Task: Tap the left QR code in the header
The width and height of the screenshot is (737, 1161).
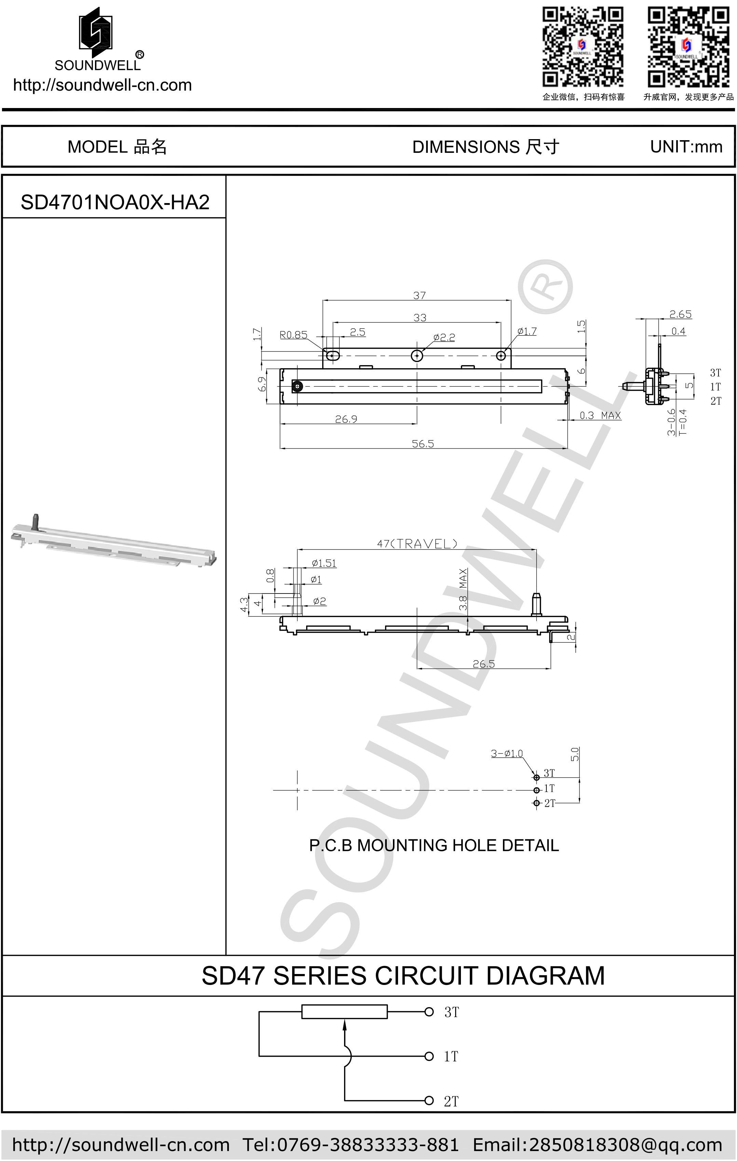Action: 583,47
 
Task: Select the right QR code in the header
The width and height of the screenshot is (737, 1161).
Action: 688,47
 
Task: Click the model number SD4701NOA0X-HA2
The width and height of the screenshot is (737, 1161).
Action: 115,202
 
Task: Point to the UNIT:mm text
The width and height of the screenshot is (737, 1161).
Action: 685,147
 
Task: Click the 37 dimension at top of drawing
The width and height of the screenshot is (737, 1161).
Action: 419,295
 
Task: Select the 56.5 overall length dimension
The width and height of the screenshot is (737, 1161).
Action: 423,443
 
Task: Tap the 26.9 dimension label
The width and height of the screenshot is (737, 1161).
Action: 346,419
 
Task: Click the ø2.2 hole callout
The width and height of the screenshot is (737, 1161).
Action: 443,337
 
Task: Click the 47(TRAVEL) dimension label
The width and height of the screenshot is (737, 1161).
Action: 417,544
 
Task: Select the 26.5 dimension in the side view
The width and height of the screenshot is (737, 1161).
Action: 483,664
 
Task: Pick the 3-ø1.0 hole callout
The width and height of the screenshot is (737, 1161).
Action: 507,753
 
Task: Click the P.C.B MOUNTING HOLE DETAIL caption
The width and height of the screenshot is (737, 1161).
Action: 434,845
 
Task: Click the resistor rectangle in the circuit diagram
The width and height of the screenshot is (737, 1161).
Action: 344,1011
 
